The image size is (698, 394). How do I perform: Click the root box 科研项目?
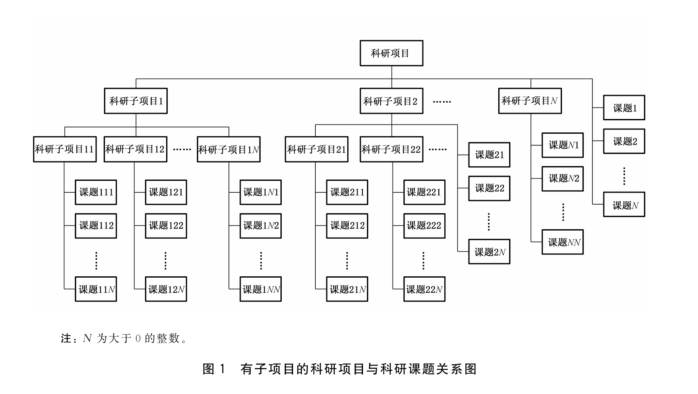[x=391, y=53]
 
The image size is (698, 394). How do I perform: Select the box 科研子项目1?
[x=136, y=101]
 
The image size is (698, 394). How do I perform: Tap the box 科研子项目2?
[x=391, y=101]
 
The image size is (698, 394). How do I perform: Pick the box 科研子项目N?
[x=530, y=101]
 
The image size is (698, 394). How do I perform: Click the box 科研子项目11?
[x=65, y=149]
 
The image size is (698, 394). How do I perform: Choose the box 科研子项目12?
[x=135, y=149]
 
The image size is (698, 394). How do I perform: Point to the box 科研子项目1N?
[x=228, y=149]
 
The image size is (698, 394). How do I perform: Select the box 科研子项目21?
[x=316, y=149]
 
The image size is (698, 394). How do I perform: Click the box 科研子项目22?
[x=391, y=149]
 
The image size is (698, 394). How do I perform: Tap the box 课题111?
[x=96, y=192]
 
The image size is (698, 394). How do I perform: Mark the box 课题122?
[x=166, y=226]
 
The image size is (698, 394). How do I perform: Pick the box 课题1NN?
[x=260, y=289]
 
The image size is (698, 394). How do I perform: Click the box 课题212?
[x=347, y=226]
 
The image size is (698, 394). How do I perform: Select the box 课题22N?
[x=424, y=289]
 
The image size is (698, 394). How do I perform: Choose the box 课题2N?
[x=489, y=251]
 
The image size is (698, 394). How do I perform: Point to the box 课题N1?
[x=562, y=145]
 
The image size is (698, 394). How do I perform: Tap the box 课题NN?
[x=562, y=242]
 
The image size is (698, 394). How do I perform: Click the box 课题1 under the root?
[x=624, y=108]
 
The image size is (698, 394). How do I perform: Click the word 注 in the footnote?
[x=66, y=338]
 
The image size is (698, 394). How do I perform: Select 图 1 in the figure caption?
[x=214, y=369]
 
